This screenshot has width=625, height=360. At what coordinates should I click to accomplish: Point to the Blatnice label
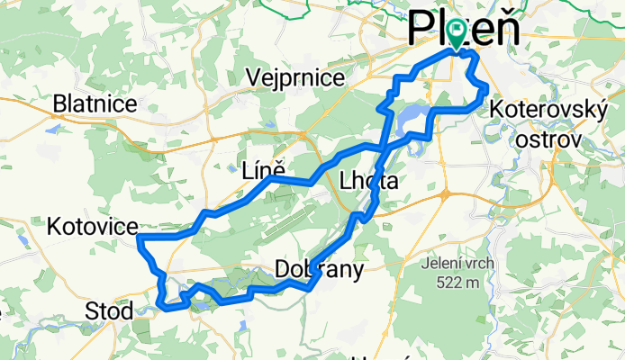tap(95, 104)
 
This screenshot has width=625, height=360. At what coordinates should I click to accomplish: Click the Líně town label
tap(264, 168)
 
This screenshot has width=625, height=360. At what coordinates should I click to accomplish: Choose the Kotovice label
tap(93, 226)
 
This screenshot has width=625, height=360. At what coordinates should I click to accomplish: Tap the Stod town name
tap(109, 311)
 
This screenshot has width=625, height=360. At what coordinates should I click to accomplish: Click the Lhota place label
tap(367, 182)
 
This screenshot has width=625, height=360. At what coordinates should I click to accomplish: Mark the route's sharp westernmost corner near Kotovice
tap(140, 237)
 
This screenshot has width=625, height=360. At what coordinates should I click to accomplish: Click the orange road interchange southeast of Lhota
tap(443, 193)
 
